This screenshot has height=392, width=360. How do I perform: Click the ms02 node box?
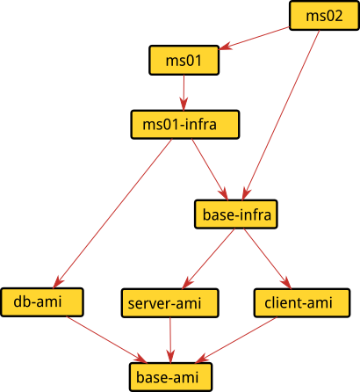[x=324, y=16]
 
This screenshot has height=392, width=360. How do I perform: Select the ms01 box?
[x=184, y=60]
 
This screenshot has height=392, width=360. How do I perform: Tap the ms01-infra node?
[x=185, y=125]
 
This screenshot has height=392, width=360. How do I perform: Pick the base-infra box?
[x=236, y=214]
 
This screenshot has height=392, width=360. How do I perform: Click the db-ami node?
[x=42, y=302]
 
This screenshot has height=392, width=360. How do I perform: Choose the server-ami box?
[x=170, y=303]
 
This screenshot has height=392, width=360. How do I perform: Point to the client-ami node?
[x=302, y=302]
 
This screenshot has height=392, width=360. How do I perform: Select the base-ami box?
[x=170, y=377]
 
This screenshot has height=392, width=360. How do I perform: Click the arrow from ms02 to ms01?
[x=254, y=39]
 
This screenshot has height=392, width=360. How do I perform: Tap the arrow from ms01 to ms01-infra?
[x=184, y=92]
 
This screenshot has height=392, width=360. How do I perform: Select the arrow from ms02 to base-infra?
[x=281, y=115]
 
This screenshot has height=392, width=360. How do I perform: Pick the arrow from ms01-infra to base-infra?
[x=210, y=170]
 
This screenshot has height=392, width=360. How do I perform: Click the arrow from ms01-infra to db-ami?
[x=112, y=214]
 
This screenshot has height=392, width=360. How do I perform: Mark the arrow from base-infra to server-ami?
[x=208, y=258]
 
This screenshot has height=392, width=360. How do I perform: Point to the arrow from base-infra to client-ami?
[x=268, y=258]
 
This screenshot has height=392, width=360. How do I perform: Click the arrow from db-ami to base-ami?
[x=106, y=339]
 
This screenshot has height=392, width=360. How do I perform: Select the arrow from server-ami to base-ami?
[x=170, y=340]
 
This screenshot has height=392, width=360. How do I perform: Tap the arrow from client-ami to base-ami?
[x=236, y=340]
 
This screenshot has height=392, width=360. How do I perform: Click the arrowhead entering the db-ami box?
[x=59, y=282]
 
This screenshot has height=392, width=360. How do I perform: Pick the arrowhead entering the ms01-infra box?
[x=184, y=105]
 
